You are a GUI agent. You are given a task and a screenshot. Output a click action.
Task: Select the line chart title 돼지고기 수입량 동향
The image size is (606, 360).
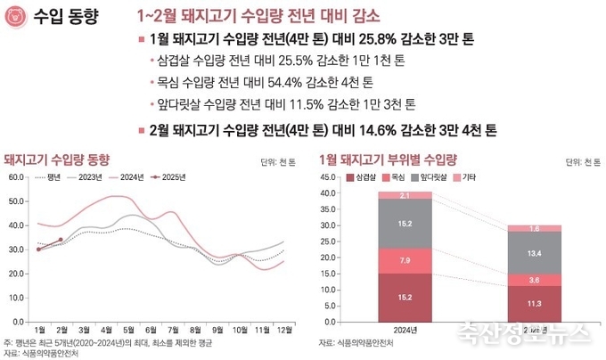[x=56, y=160]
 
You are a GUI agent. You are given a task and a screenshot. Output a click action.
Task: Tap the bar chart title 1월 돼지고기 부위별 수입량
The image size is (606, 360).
[x=386, y=160]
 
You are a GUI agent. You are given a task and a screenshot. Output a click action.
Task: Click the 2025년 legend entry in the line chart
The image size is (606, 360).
[x=168, y=177]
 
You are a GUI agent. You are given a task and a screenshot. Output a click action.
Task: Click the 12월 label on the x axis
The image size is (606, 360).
[x=284, y=330]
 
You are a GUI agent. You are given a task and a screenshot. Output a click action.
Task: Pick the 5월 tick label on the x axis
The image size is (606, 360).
[x=129, y=330]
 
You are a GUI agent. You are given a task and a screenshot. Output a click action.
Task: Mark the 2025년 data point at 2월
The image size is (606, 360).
[x=61, y=240]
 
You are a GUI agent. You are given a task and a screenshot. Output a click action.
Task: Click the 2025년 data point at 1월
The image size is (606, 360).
[x=38, y=250]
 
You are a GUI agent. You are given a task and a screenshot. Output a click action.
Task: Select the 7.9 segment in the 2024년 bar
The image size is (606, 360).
[x=405, y=260]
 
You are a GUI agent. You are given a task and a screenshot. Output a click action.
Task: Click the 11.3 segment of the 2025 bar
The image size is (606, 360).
[x=534, y=302]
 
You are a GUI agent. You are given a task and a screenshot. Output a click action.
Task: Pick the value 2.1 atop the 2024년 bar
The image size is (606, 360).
[x=405, y=194]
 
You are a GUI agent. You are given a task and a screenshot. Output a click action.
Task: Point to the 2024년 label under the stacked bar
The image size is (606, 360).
[x=405, y=330]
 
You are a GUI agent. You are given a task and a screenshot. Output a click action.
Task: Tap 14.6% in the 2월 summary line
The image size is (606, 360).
[x=350, y=130]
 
